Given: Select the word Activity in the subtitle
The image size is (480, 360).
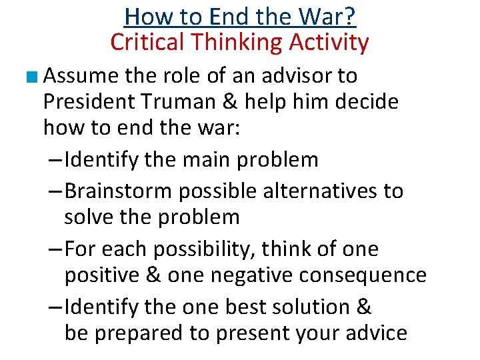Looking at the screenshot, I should click(327, 43).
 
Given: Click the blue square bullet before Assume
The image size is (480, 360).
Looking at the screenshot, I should click(34, 77).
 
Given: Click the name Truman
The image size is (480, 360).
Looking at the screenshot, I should click(191, 102).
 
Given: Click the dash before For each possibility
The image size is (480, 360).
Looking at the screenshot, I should click(56, 249).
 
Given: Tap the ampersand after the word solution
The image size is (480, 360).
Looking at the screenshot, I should click(364, 307).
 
